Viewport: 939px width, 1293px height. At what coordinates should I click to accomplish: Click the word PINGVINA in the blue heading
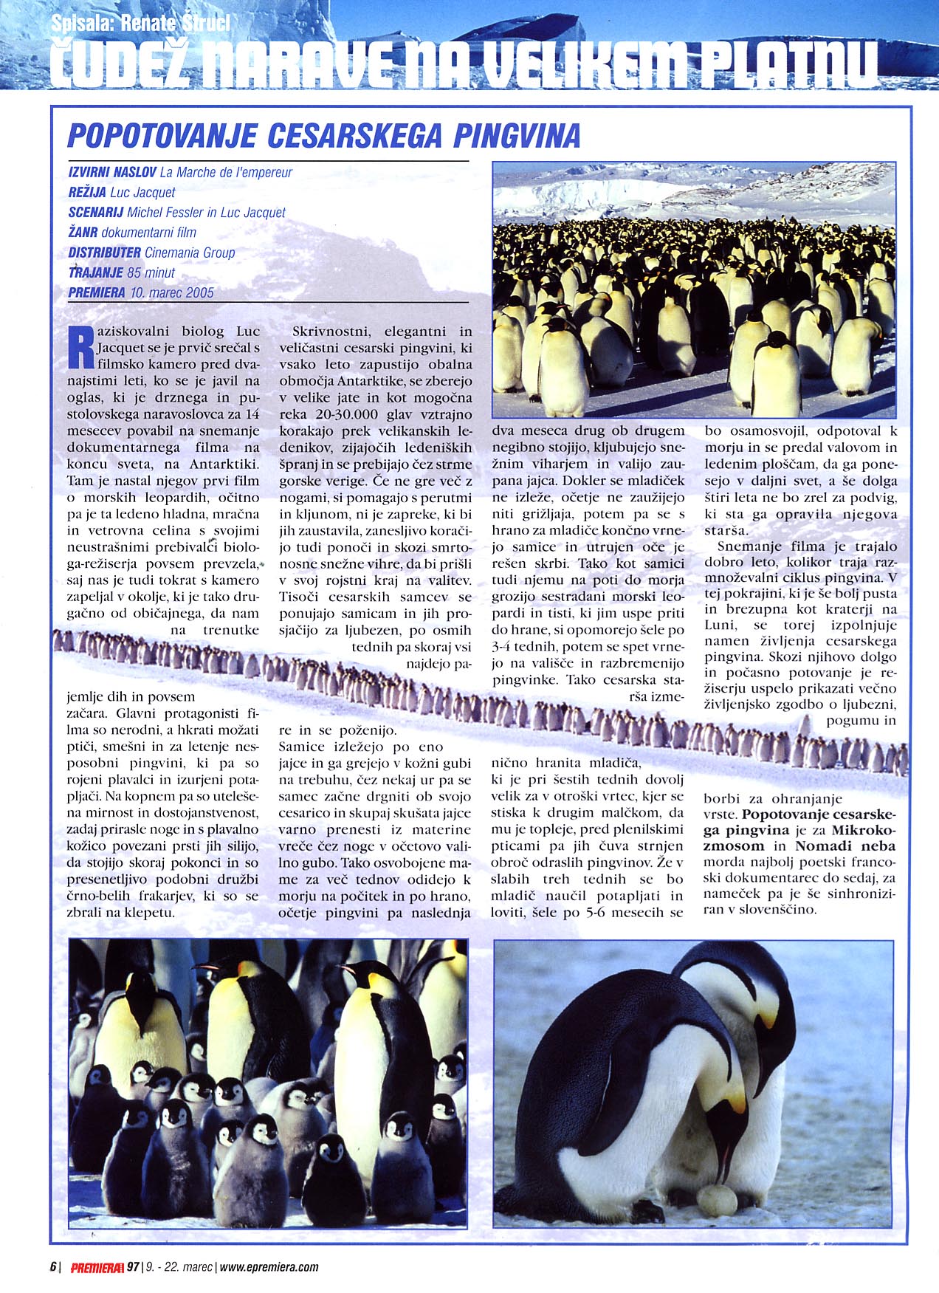pos(516,136)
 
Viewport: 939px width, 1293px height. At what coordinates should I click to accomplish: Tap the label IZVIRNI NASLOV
pos(111,172)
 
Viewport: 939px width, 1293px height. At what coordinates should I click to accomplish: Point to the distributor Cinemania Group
pos(190,253)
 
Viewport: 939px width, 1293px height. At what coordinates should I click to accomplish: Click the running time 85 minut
pos(151,272)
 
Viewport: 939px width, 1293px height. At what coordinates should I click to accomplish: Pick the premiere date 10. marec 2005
pos(171,292)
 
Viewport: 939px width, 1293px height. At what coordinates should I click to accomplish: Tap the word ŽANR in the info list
pos(83,232)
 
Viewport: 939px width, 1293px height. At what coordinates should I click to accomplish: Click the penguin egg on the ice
pos(718,1200)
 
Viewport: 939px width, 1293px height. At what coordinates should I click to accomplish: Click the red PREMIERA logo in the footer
pos(97,1267)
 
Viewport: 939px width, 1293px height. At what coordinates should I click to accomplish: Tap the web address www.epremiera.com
pos(269,1267)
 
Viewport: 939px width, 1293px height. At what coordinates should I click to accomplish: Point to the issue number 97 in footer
pos(133,1267)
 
